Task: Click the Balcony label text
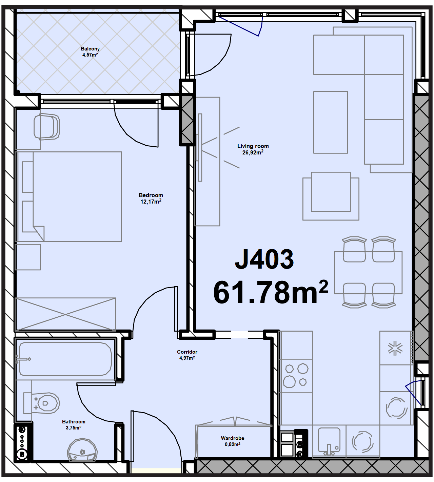90,49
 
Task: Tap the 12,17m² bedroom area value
151,201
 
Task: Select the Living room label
253,146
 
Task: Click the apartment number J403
264,259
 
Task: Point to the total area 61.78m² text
271,292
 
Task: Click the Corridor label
187,352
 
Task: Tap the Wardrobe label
232,438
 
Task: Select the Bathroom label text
74,422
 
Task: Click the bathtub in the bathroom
65,359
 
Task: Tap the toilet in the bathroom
42,403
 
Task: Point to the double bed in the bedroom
68,196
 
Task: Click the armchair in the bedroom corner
46,127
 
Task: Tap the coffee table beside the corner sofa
331,122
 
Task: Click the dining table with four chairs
368,272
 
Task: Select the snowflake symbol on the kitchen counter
395,348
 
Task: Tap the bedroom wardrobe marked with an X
65,314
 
